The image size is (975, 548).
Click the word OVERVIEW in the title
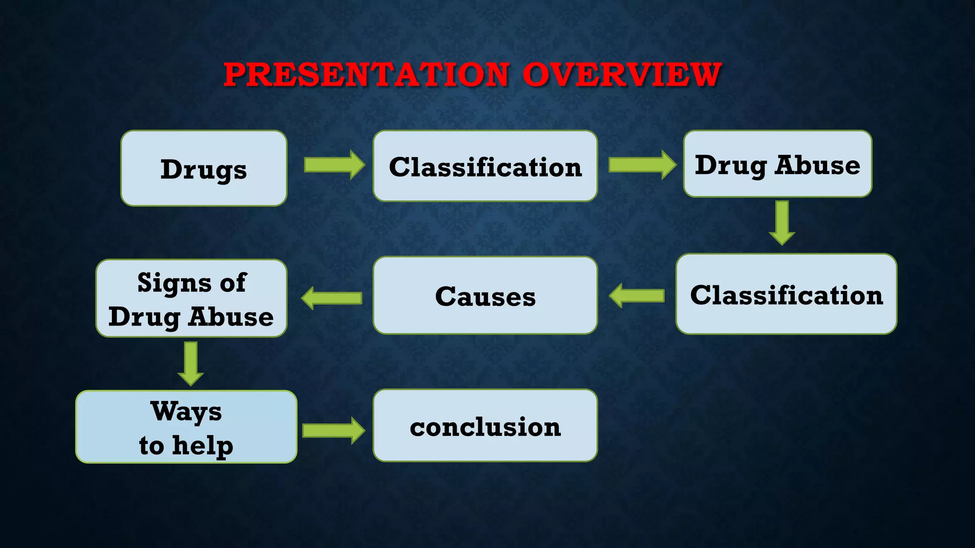622,75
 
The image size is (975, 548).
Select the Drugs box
204,168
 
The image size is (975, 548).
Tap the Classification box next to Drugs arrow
485,166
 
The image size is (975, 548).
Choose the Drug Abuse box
777,164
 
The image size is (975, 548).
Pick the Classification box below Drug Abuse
786,294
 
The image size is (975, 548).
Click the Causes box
485,295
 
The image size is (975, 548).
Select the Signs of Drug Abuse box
191,299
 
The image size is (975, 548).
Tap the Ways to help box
186,427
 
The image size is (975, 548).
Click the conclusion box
485,426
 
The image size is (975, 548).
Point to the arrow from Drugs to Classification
334,165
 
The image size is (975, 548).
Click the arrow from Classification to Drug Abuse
642,165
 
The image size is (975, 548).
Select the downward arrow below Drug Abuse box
782,222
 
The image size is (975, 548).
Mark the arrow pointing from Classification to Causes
637,296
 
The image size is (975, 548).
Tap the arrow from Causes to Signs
332,298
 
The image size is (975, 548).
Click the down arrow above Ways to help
191,363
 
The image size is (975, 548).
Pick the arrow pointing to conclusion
333,431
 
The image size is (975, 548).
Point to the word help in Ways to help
202,446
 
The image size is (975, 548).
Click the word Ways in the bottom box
186,411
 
